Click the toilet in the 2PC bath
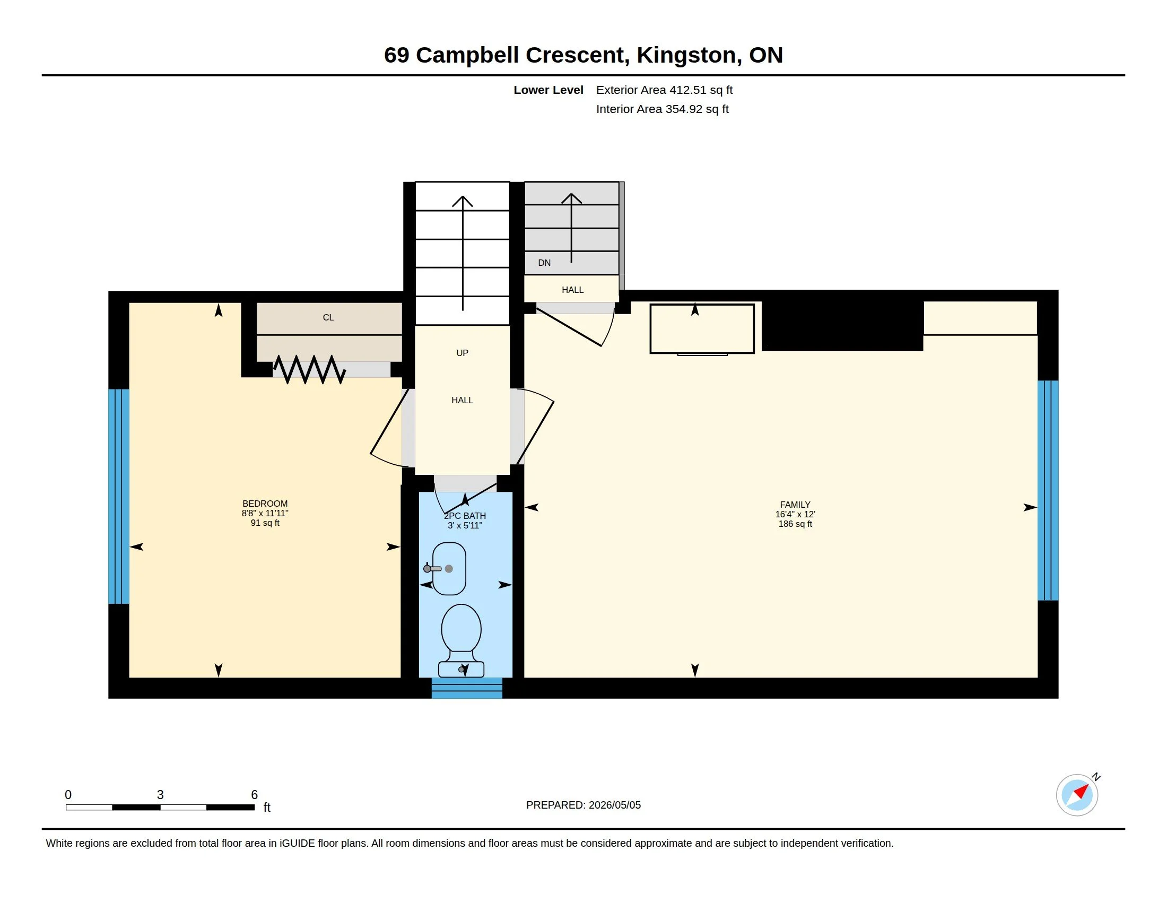point(461,641)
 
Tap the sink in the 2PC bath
point(448,569)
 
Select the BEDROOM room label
point(265,504)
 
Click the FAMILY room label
point(795,505)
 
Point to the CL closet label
point(328,317)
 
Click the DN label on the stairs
point(544,262)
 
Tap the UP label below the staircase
point(462,353)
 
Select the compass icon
point(1077,795)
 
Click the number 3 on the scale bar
point(160,795)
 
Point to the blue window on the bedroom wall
point(119,497)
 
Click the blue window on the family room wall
point(1048,491)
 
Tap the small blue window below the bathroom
point(467,688)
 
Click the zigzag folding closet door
point(309,369)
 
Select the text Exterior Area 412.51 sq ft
point(664,90)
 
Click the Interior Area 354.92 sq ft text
point(662,109)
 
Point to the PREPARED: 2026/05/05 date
point(583,805)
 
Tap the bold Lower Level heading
point(548,90)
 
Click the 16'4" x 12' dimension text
point(795,514)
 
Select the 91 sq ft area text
point(265,523)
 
